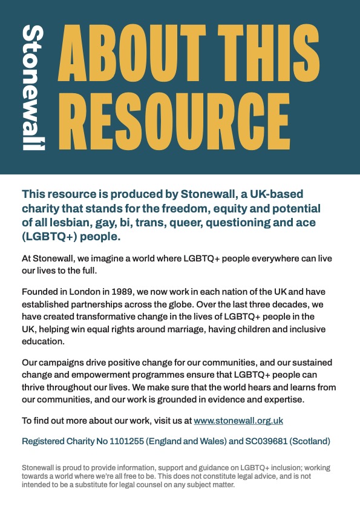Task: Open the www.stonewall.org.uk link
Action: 238,420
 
